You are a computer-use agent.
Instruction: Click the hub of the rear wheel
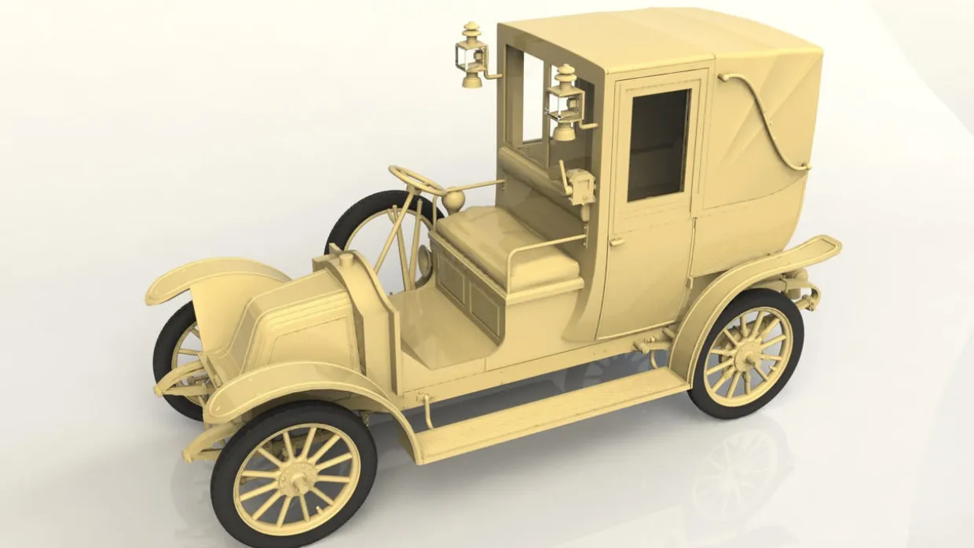[745, 355]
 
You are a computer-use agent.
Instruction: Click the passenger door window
[658, 144]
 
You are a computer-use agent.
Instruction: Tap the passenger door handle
[617, 243]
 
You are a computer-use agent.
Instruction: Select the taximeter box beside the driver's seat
[582, 185]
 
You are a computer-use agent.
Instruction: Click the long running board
[550, 412]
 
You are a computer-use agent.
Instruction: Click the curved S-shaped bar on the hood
[766, 118]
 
